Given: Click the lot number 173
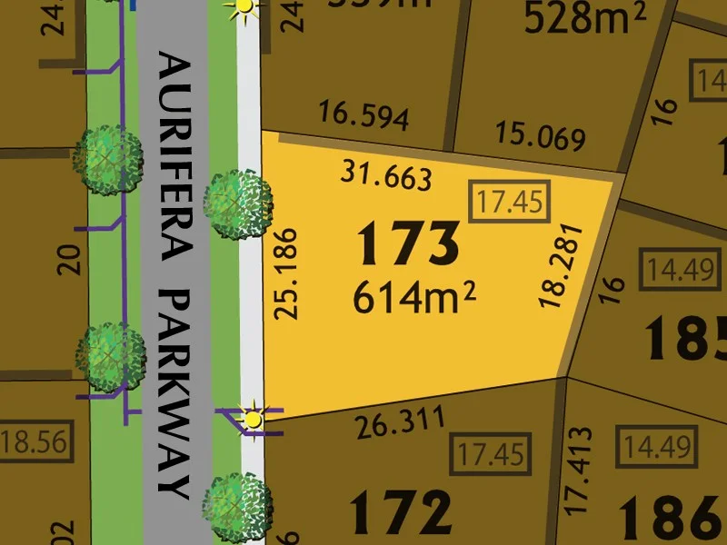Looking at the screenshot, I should tap(408, 243).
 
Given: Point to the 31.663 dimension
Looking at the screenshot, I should tap(385, 174).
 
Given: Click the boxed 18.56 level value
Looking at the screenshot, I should tap(35, 443).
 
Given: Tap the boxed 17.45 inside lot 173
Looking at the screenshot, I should tap(510, 202).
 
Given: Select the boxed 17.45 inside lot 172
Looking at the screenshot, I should tap(492, 452).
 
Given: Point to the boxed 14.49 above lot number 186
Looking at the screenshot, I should tap(656, 447).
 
